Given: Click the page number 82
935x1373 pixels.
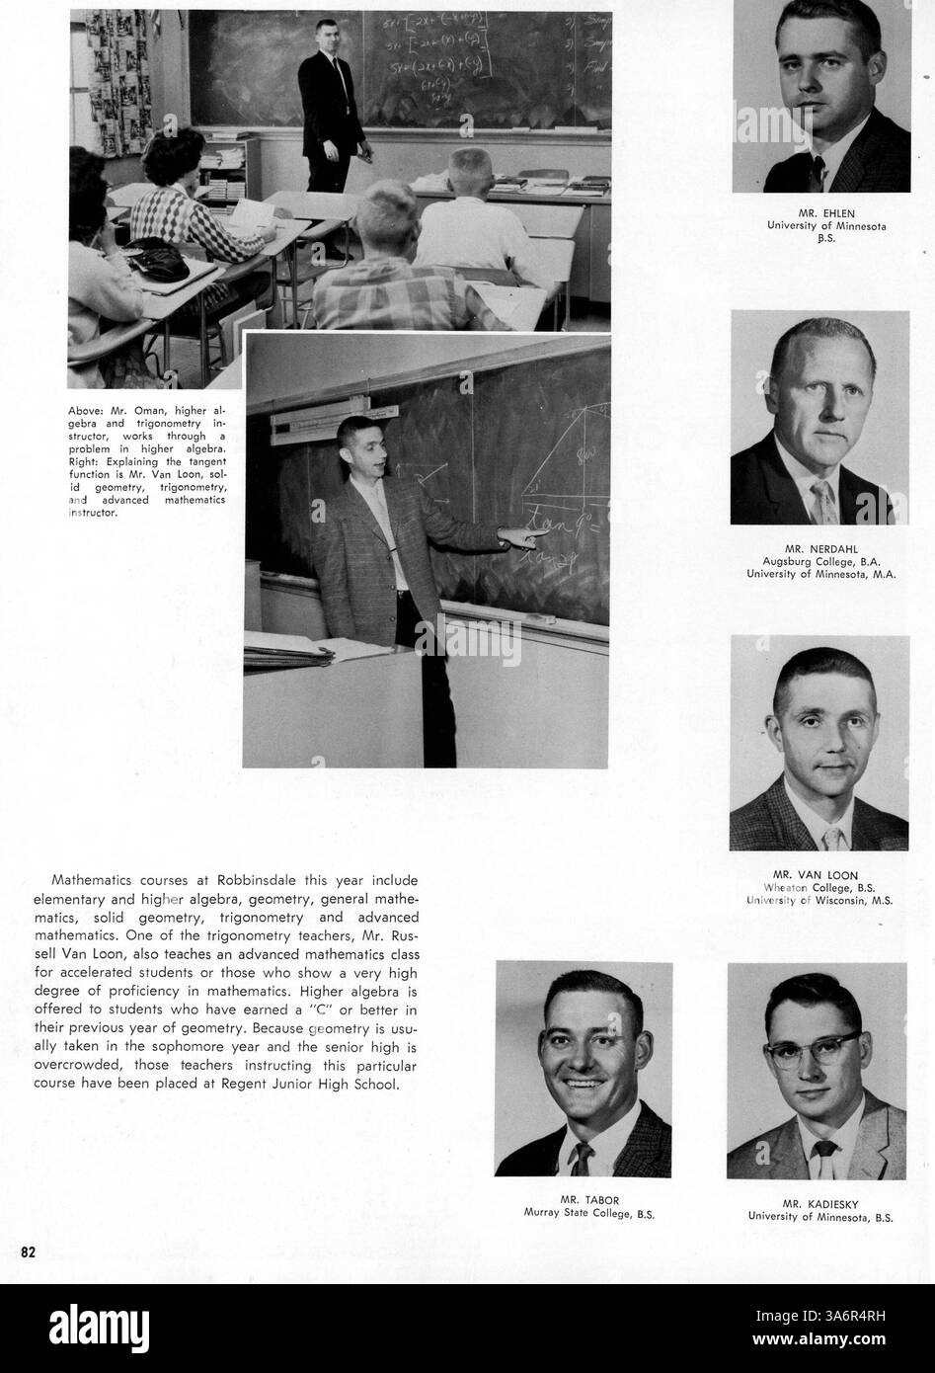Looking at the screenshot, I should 29,1252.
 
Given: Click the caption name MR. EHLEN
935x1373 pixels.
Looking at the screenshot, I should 826,212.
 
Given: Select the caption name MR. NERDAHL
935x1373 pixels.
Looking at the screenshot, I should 819,547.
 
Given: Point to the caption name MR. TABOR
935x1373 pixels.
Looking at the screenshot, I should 583,1200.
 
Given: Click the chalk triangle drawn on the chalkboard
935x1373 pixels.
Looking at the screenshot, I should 563,444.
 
